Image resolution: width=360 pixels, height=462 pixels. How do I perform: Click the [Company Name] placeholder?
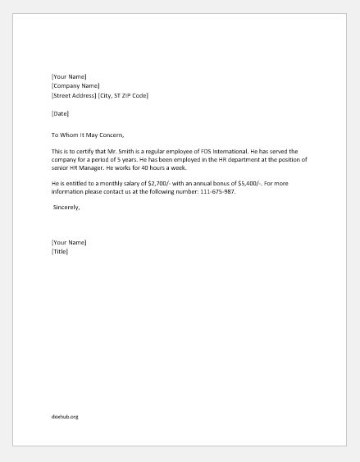[x=75, y=86]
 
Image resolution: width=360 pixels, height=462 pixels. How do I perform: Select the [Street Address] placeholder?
[x=74, y=95]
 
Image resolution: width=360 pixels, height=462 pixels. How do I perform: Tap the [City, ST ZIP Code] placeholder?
[x=124, y=95]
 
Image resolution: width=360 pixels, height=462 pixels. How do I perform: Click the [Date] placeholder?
[x=60, y=113]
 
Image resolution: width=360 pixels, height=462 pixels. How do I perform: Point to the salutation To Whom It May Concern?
[x=87, y=134]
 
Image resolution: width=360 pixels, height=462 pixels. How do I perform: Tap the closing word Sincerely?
[x=66, y=208]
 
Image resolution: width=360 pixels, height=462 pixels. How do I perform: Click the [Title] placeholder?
[x=60, y=251]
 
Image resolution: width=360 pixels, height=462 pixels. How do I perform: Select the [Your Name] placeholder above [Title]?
[x=68, y=242]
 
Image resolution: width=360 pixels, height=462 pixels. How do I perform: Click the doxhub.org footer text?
[x=65, y=416]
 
